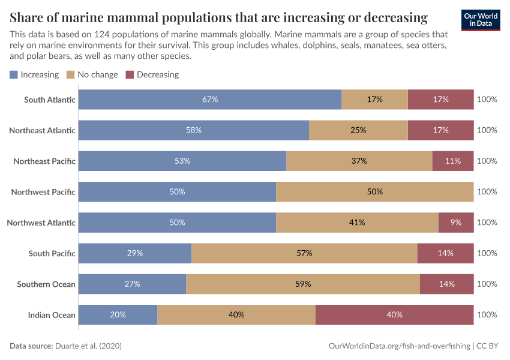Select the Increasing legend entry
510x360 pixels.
tap(34, 75)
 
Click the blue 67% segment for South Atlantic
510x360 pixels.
tap(210, 100)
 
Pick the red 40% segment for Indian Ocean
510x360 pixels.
tap(394, 314)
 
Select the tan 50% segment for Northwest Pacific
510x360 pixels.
tap(375, 192)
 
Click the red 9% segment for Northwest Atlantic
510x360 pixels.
tap(456, 223)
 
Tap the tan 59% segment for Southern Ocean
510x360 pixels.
tap(303, 284)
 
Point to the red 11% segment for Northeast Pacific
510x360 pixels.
tap(453, 161)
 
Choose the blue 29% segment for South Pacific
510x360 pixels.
tap(135, 253)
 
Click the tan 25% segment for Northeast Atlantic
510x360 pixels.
tap(358, 130)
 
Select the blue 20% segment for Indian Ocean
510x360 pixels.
tap(118, 314)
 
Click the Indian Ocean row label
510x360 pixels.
tap(52, 315)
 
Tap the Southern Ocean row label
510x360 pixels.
tap(46, 284)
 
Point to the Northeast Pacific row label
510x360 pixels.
tap(44, 161)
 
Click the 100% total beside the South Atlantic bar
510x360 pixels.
tap(487, 100)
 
